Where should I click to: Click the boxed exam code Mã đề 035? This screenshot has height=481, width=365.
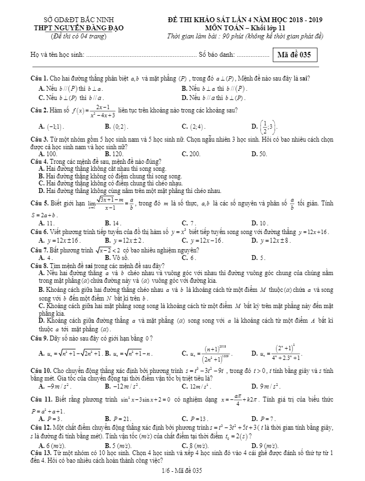click(294, 55)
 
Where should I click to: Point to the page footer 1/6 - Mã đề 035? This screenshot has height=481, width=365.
click(182, 471)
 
